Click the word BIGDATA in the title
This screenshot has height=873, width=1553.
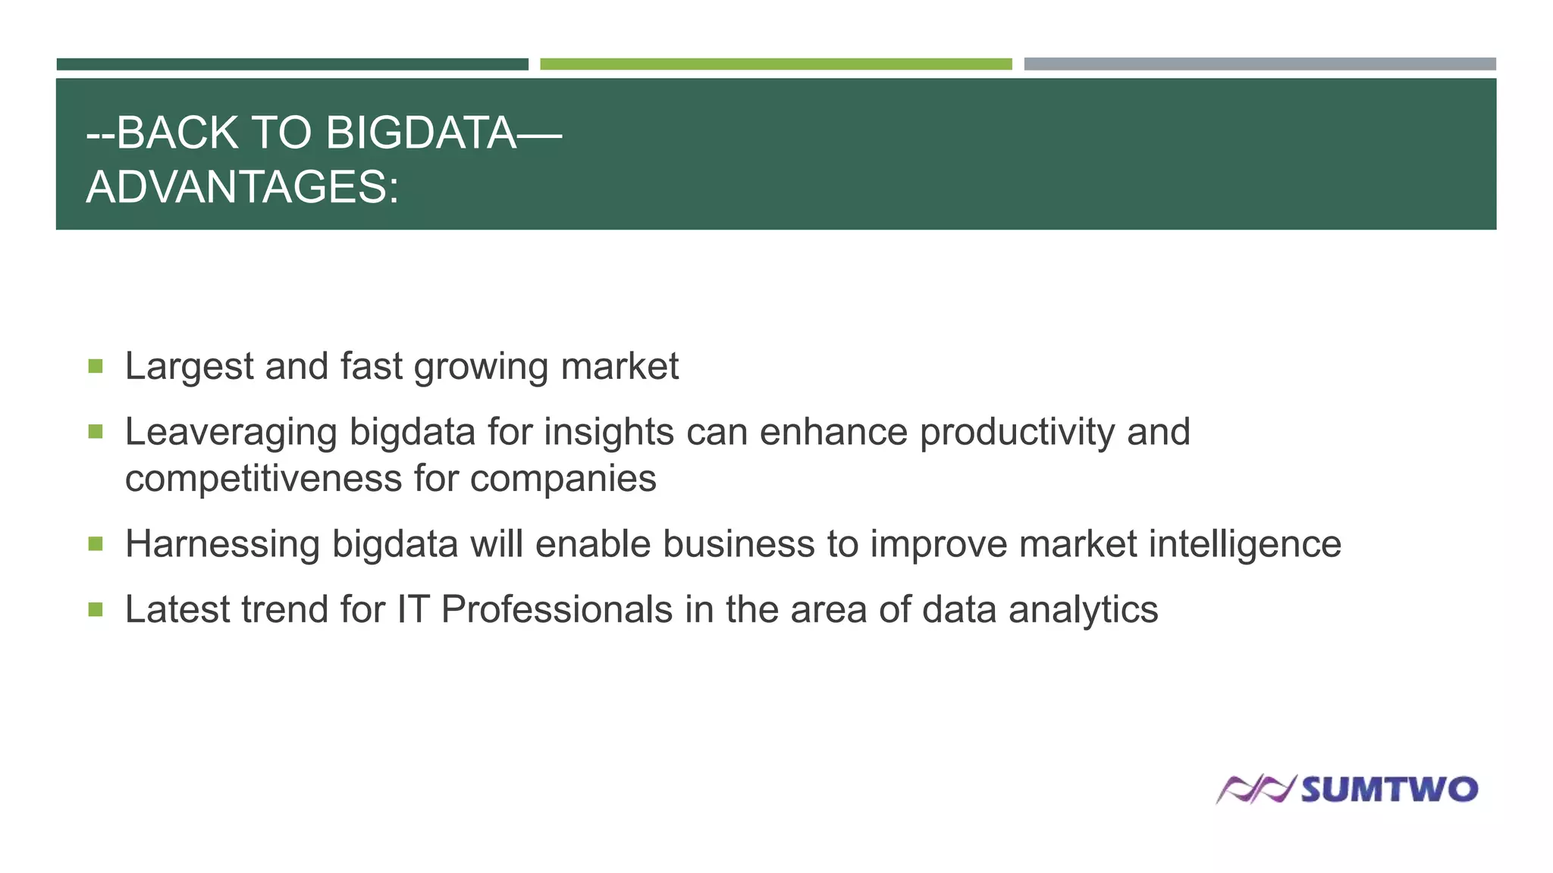(x=422, y=133)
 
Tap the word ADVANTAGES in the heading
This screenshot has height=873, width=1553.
(x=235, y=187)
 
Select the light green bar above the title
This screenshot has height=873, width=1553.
(x=776, y=64)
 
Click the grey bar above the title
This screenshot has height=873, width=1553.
(x=1260, y=64)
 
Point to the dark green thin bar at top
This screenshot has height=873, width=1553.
(x=292, y=64)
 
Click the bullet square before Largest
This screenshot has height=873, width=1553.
(x=96, y=367)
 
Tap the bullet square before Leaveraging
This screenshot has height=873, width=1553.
(x=96, y=432)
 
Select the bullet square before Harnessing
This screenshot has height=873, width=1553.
(x=96, y=544)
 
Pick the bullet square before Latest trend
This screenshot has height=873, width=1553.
(x=96, y=609)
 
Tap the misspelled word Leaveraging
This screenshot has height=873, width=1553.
(x=231, y=433)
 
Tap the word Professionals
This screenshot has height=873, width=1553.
(x=557, y=610)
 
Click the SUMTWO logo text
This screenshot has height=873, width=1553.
(x=1389, y=790)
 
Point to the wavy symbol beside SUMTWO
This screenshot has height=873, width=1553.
(x=1255, y=790)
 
